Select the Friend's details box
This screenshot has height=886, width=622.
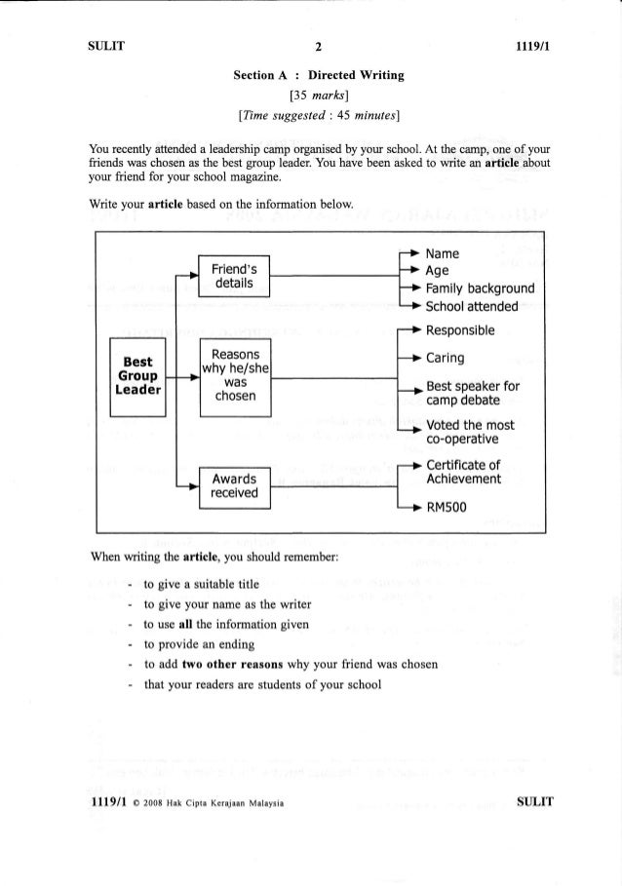(233, 277)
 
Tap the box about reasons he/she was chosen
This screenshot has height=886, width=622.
(233, 376)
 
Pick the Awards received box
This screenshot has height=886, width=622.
(233, 485)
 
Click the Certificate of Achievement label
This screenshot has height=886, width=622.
(464, 472)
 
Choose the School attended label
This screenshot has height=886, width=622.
(473, 309)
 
